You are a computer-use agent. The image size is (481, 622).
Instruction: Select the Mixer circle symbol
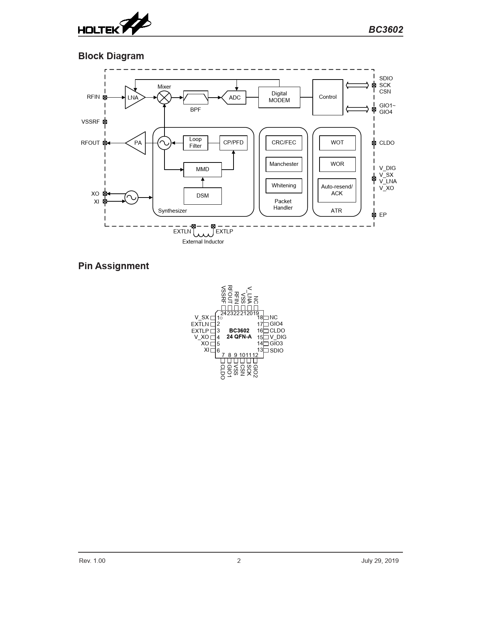pyautogui.click(x=164, y=97)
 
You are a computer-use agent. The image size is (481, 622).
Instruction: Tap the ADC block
pyautogui.click(x=234, y=98)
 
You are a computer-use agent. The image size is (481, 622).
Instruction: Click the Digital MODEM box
pyautogui.click(x=279, y=97)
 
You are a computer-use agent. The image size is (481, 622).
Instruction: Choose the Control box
pyautogui.click(x=328, y=97)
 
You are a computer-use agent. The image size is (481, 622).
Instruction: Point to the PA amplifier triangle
pyautogui.click(x=136, y=143)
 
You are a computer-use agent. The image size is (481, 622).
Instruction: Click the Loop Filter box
pyautogui.click(x=196, y=143)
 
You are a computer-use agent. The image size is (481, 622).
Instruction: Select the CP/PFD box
pyautogui.click(x=234, y=143)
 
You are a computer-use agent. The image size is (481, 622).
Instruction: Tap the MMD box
pyautogui.click(x=203, y=170)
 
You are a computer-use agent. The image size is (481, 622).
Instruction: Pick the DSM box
pyautogui.click(x=203, y=196)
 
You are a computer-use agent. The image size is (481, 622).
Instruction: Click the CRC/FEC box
pyautogui.click(x=284, y=143)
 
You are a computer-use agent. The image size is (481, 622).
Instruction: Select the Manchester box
pyautogui.click(x=284, y=164)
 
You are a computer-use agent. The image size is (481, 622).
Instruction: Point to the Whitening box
pyautogui.click(x=284, y=186)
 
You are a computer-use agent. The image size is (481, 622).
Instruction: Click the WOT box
pyautogui.click(x=338, y=143)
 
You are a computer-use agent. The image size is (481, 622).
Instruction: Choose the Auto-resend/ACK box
pyautogui.click(x=337, y=190)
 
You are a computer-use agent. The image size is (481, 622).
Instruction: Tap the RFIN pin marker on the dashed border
pyautogui.click(x=105, y=97)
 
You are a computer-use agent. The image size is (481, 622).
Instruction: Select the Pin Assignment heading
pyautogui.click(x=114, y=266)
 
